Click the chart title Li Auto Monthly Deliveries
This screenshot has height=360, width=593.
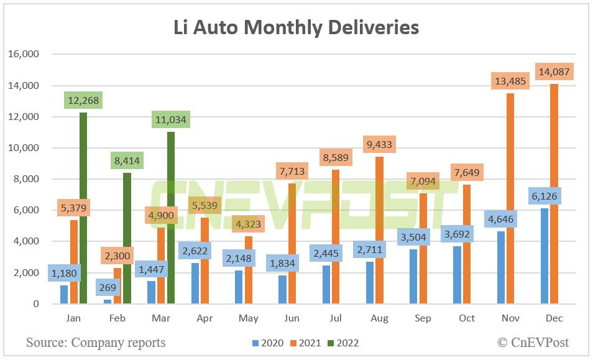(296, 27)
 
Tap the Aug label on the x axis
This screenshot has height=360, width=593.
(379, 318)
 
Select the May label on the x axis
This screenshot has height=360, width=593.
(248, 318)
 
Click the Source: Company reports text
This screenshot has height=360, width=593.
(96, 342)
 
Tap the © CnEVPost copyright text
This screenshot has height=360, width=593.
(533, 342)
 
